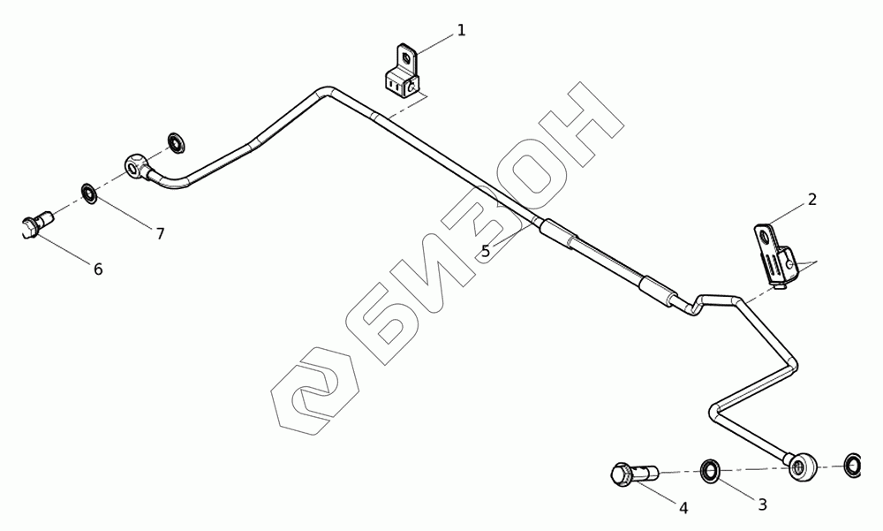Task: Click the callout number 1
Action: pos(461,31)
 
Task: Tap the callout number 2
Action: pos(811,200)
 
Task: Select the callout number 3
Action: pos(762,504)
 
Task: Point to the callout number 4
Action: pos(683,507)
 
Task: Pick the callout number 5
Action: pos(486,251)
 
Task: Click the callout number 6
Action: pos(98,269)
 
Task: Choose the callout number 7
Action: pos(160,233)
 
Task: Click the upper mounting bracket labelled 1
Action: pos(403,74)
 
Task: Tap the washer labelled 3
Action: pos(710,470)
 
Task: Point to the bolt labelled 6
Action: pos(35,224)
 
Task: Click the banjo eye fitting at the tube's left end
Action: pos(136,164)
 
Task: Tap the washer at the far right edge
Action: pos(853,465)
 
